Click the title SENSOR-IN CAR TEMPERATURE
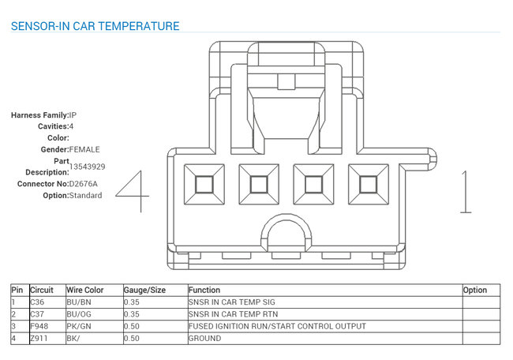coord(95,26)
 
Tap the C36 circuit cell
coord(37,302)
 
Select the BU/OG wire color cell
coord(79,314)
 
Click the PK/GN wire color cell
coord(79,326)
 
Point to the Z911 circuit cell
coord(39,339)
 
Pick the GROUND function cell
coord(205,339)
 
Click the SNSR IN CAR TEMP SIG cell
coord(232,302)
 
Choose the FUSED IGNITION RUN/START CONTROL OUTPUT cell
coord(278,326)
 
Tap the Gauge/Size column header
coord(144,290)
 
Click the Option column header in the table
coord(475,290)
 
